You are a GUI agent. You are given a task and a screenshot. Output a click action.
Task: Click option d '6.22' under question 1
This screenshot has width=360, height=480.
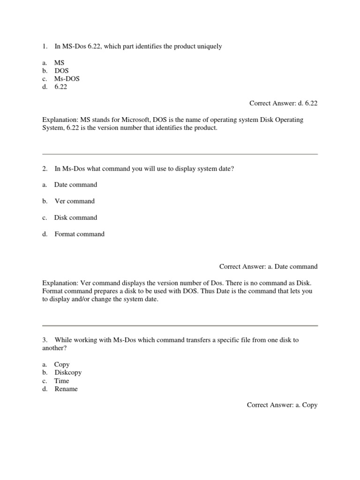pos(60,87)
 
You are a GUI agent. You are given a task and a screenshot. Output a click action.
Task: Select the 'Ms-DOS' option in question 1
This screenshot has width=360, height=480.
pos(67,79)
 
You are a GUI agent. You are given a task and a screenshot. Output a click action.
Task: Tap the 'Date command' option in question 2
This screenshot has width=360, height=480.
pos(75,185)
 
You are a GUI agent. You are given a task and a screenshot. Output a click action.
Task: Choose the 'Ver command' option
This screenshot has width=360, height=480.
pos(75,201)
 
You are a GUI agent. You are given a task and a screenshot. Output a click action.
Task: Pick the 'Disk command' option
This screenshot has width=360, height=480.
pos(75,217)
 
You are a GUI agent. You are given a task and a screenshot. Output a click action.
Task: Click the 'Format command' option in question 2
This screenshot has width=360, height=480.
pos(79,234)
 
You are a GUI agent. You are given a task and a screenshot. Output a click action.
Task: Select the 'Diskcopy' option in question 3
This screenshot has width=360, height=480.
pos(68,372)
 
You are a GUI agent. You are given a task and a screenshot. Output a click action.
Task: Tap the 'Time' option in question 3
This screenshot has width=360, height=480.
pos(61,381)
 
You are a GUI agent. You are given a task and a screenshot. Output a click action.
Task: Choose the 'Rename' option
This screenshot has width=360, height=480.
pos(66,389)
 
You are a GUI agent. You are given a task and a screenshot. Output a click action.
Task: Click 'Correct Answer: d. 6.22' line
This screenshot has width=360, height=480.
pos(283,104)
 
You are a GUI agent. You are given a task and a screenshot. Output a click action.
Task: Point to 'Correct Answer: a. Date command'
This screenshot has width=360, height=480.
pos(268,267)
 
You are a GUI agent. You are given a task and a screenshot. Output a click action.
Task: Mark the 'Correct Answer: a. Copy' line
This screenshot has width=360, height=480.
pos(282,405)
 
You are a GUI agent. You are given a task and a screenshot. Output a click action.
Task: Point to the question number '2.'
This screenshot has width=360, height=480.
pos(45,168)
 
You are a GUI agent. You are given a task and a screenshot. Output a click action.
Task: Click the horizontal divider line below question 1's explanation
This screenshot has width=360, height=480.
pos(180,154)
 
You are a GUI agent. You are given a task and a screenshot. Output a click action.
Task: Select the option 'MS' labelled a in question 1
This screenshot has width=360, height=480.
pos(60,62)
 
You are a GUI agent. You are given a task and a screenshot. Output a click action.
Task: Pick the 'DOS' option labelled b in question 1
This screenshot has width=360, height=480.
pos(61,71)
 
